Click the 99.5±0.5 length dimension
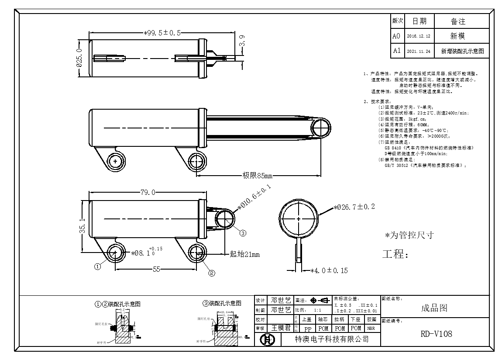[x=162, y=33]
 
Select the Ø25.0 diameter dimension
[x=79, y=57]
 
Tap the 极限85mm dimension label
[x=257, y=176]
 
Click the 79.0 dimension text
[x=148, y=192]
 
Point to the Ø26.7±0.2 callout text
[x=354, y=207]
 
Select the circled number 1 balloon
[x=98, y=265]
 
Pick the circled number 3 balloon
[x=243, y=232]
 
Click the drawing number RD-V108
[x=436, y=334]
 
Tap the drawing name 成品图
[x=434, y=308]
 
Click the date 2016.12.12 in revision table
[x=418, y=36]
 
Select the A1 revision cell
[x=396, y=51]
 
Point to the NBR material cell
[x=371, y=328]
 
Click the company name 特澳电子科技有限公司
[x=332, y=339]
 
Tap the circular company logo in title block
[x=265, y=339]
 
